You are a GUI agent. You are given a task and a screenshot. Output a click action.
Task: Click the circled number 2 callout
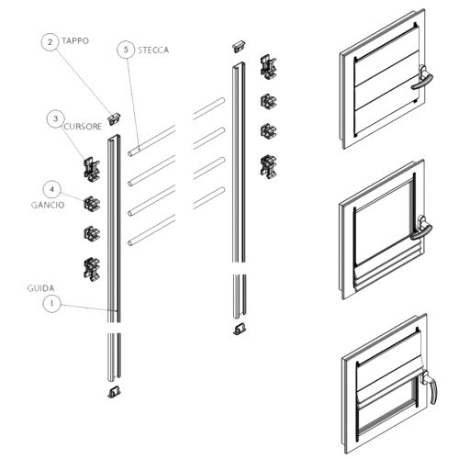pyautogui.click(x=50, y=42)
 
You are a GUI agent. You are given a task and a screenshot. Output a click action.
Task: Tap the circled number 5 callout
pyautogui.click(x=126, y=50)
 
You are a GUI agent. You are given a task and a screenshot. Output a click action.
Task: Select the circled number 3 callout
pyautogui.click(x=55, y=118)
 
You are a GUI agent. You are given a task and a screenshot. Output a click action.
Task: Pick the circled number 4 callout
pyautogui.click(x=51, y=189)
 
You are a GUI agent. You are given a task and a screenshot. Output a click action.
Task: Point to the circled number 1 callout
pyautogui.click(x=51, y=303)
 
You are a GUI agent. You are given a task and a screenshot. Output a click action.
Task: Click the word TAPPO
pyautogui.click(x=75, y=41)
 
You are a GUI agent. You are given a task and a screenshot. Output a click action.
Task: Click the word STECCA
pyautogui.click(x=153, y=50)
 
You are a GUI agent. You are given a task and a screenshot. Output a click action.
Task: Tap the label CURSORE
pyautogui.click(x=83, y=127)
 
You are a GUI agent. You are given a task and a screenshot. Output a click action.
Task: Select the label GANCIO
pyautogui.click(x=48, y=205)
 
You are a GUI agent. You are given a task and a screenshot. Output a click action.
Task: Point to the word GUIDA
pyautogui.click(x=41, y=288)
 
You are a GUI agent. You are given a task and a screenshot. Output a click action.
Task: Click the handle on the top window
pyautogui.click(x=422, y=77)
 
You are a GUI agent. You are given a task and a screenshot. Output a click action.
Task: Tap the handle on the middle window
pyautogui.click(x=422, y=228)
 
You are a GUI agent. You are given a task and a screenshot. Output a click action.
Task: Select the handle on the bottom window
pyautogui.click(x=430, y=386)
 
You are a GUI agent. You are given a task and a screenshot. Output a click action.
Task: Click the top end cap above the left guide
pyautogui.click(x=114, y=118)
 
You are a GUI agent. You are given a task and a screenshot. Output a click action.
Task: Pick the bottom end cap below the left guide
pyautogui.click(x=114, y=392)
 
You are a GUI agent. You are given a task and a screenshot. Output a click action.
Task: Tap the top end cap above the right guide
pyautogui.click(x=239, y=46)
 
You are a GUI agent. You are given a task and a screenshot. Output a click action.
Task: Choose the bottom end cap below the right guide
pyautogui.click(x=240, y=329)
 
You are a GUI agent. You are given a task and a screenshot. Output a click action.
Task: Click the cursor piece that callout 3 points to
pyautogui.click(x=92, y=169)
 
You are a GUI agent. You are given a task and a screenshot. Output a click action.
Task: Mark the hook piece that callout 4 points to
pyautogui.click(x=92, y=204)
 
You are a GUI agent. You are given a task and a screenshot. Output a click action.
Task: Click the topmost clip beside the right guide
pyautogui.click(x=268, y=67)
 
